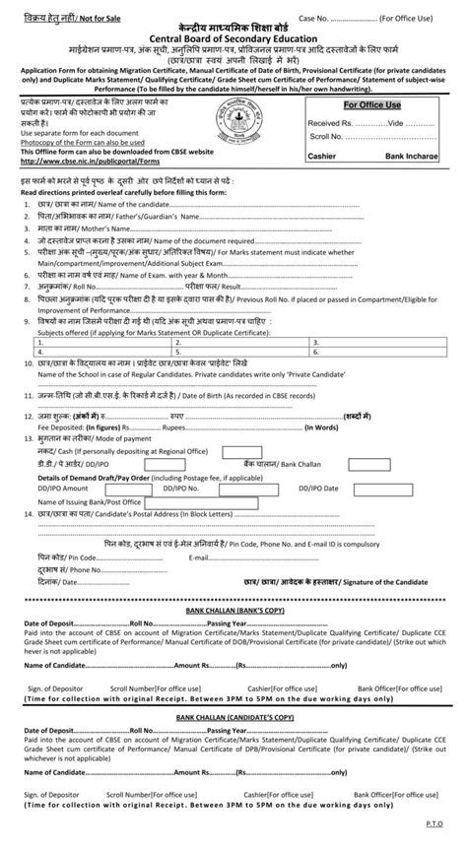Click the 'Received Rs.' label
click(331, 122)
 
